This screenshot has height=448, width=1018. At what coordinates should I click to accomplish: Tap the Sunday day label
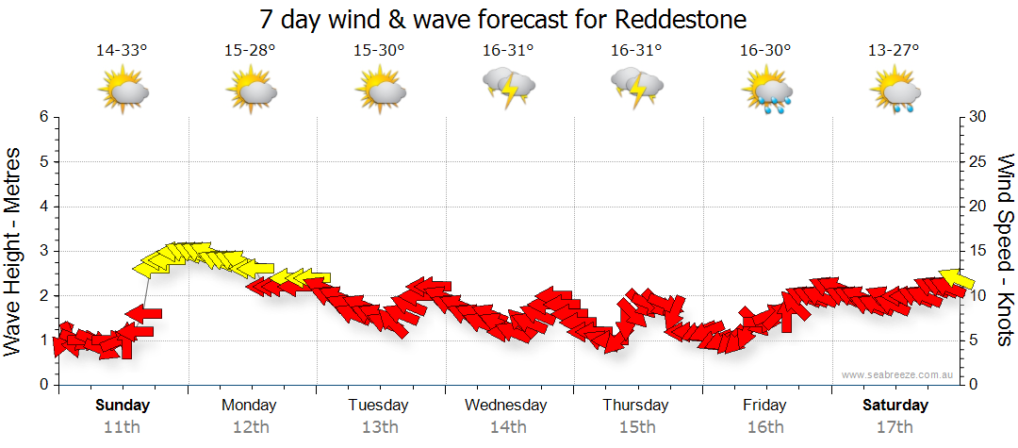pyautogui.click(x=122, y=406)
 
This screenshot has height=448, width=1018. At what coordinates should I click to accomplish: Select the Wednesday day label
pyautogui.click(x=506, y=406)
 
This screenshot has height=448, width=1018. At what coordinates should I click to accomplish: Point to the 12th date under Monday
pyautogui.click(x=250, y=426)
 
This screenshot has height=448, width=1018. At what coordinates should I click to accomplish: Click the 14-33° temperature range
pyautogui.click(x=122, y=50)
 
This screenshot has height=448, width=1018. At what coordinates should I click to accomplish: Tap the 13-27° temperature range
pyautogui.click(x=894, y=50)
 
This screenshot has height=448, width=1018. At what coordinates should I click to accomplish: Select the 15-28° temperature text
pyautogui.click(x=250, y=50)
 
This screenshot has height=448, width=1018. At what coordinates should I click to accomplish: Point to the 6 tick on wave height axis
pyautogui.click(x=43, y=117)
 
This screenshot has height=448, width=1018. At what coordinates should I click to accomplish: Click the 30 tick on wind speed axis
pyautogui.click(x=978, y=117)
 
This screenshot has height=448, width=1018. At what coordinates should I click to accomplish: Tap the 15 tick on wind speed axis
pyautogui.click(x=978, y=251)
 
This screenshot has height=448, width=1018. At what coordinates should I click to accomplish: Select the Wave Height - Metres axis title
pyautogui.click(x=14, y=250)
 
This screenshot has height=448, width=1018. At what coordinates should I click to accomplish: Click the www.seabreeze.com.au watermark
pyautogui.click(x=899, y=374)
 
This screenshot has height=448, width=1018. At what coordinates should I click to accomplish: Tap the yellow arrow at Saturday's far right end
pyautogui.click(x=958, y=278)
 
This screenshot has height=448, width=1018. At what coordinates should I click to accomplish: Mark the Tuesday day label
pyautogui.click(x=378, y=406)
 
